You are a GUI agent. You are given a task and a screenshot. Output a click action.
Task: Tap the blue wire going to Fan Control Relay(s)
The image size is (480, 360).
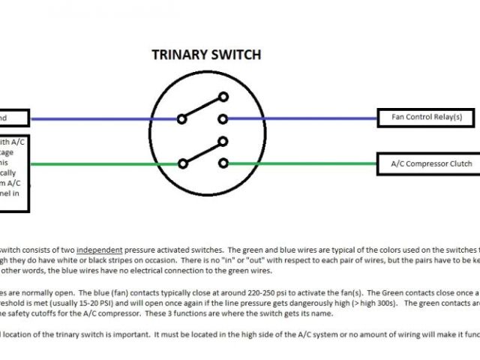(x=300, y=118)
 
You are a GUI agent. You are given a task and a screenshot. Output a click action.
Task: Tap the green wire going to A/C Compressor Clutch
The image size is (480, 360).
(x=300, y=163)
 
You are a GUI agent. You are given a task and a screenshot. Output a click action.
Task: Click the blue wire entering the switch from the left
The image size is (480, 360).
(x=105, y=118)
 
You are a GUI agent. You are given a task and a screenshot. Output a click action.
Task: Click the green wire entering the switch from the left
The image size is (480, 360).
(x=105, y=163)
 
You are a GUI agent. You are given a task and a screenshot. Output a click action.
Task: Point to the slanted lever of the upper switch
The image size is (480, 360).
(x=202, y=107)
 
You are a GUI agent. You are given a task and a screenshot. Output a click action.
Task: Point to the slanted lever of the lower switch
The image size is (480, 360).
(x=202, y=152)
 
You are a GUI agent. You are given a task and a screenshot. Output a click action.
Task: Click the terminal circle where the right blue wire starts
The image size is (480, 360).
(x=223, y=118)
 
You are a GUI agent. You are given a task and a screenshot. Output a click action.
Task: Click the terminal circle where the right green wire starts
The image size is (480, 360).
(x=223, y=163)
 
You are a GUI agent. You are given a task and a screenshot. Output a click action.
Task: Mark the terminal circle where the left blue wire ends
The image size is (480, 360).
(x=181, y=118)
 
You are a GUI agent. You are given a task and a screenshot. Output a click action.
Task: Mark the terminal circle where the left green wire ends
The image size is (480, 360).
(x=181, y=163)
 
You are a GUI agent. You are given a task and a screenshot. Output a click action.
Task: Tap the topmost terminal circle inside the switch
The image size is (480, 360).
(x=223, y=96)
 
